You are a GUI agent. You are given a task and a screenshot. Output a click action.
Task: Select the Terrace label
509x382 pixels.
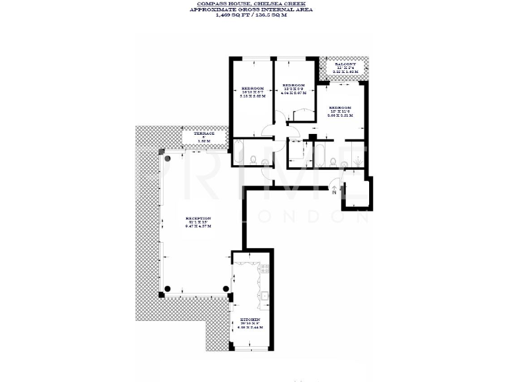click(203, 134)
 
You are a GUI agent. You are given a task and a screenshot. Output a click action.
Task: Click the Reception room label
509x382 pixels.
click(198, 219)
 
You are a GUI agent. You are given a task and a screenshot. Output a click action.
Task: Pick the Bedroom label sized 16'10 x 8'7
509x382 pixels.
click(253, 89)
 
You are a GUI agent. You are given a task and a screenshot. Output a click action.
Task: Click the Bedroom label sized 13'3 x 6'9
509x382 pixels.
click(293, 86)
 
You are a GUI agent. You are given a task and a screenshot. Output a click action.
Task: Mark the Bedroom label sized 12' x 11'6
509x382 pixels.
click(340, 107)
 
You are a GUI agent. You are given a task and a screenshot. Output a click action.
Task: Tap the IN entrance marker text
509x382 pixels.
click(334, 192)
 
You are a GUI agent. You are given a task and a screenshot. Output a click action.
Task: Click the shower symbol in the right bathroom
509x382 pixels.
click(357, 160)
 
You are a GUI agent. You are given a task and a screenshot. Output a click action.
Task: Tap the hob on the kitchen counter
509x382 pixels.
click(263, 269)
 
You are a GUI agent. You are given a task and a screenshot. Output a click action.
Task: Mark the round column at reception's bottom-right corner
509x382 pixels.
click(226, 288)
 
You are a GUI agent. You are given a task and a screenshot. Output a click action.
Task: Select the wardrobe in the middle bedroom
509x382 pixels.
click(301, 115)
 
